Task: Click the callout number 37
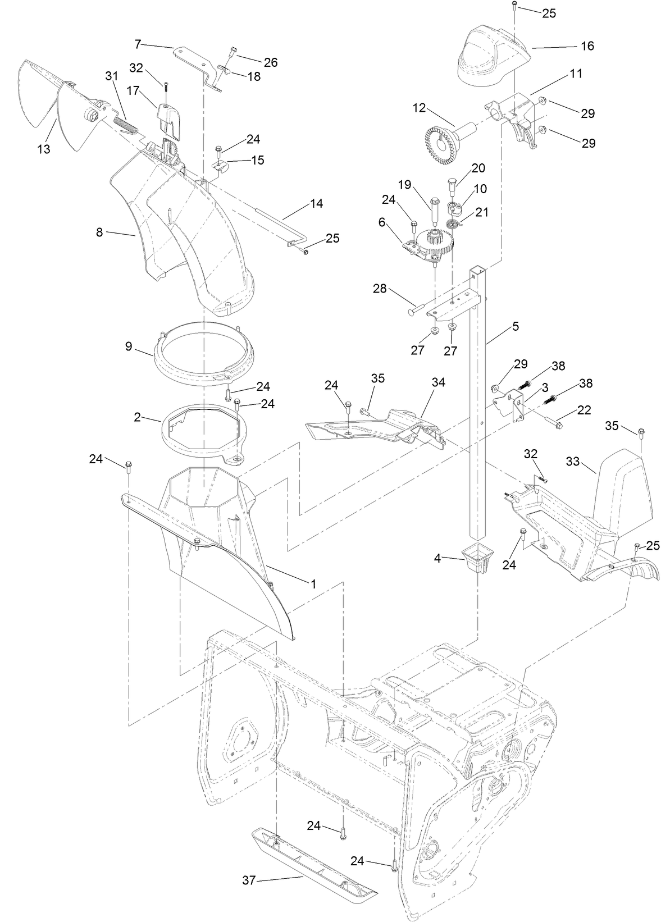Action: coord(248,881)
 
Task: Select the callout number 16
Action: coord(587,46)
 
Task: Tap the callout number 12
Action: coord(420,107)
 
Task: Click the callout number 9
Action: coord(129,346)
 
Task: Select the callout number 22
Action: coord(584,410)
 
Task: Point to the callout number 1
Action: coord(313,584)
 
